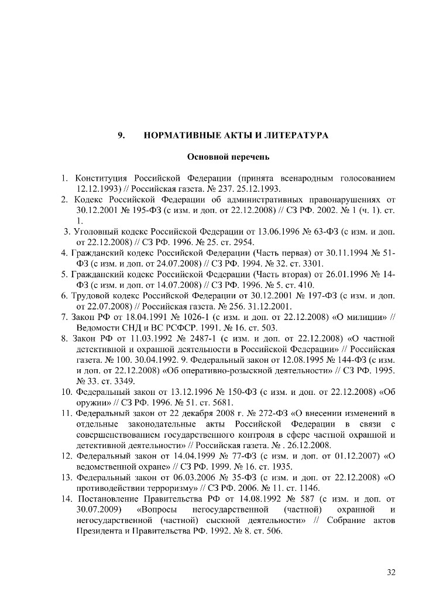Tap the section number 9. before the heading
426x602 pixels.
coord(122,136)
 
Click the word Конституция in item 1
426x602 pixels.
coord(102,178)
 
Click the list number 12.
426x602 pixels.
coord(66,455)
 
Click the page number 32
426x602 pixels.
coord(391,572)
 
